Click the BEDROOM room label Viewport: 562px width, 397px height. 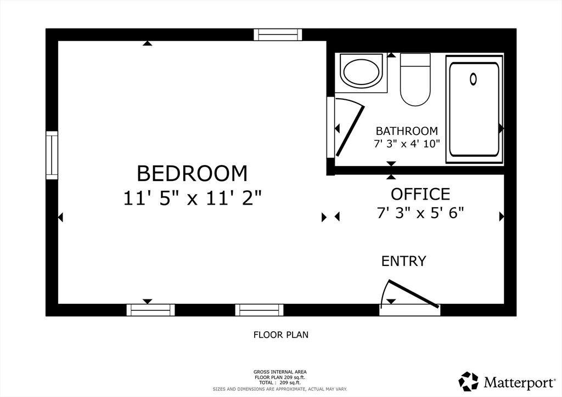(192, 173)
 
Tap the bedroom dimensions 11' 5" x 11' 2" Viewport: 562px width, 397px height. (192, 198)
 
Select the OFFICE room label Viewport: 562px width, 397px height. (420, 194)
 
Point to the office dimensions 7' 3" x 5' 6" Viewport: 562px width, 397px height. (420, 213)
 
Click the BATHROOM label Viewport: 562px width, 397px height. (407, 131)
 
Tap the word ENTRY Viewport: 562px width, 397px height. (403, 261)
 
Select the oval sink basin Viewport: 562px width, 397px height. (361, 72)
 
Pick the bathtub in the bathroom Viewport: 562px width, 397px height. (475, 109)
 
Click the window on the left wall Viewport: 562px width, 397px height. (52, 155)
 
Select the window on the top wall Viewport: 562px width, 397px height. (278, 35)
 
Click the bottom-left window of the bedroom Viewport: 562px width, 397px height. (151, 310)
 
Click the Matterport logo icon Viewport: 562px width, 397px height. (468, 381)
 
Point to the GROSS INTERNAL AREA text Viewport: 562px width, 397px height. (280, 371)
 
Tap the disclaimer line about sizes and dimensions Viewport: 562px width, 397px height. (280, 389)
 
